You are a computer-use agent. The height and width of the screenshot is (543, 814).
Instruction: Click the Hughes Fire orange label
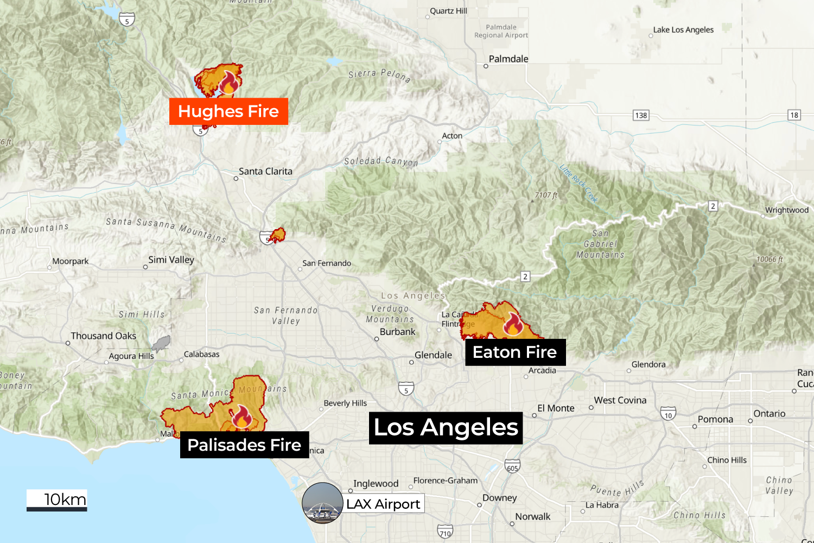tap(228, 111)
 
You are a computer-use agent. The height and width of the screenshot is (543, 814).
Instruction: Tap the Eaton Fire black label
tap(515, 352)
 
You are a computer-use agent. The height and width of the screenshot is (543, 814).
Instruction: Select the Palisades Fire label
tap(244, 445)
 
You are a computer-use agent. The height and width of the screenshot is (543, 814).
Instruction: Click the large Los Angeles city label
tap(446, 427)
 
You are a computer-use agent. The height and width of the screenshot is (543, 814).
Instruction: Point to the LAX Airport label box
tap(384, 504)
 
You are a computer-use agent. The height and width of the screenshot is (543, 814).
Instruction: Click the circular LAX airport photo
tap(322, 503)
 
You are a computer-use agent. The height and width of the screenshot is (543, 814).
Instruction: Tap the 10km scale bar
tap(57, 501)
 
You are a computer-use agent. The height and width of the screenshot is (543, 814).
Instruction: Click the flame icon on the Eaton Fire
tap(513, 324)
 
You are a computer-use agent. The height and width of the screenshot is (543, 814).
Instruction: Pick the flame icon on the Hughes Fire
tap(229, 83)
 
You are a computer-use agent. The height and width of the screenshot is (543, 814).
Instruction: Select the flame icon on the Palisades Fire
tap(241, 416)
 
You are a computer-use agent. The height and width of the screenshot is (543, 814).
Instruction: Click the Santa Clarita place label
tap(265, 172)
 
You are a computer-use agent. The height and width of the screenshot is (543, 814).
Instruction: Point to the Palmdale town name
tap(508, 59)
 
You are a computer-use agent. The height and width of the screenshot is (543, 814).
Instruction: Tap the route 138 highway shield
tap(641, 115)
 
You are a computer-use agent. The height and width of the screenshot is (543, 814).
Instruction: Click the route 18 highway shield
tap(794, 115)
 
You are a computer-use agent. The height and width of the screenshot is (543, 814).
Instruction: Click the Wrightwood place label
tap(786, 210)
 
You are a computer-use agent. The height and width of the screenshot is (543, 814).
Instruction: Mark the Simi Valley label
tap(171, 260)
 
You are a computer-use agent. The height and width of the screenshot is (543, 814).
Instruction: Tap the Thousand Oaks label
tap(103, 336)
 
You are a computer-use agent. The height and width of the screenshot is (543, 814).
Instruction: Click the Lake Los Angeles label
tap(683, 30)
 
